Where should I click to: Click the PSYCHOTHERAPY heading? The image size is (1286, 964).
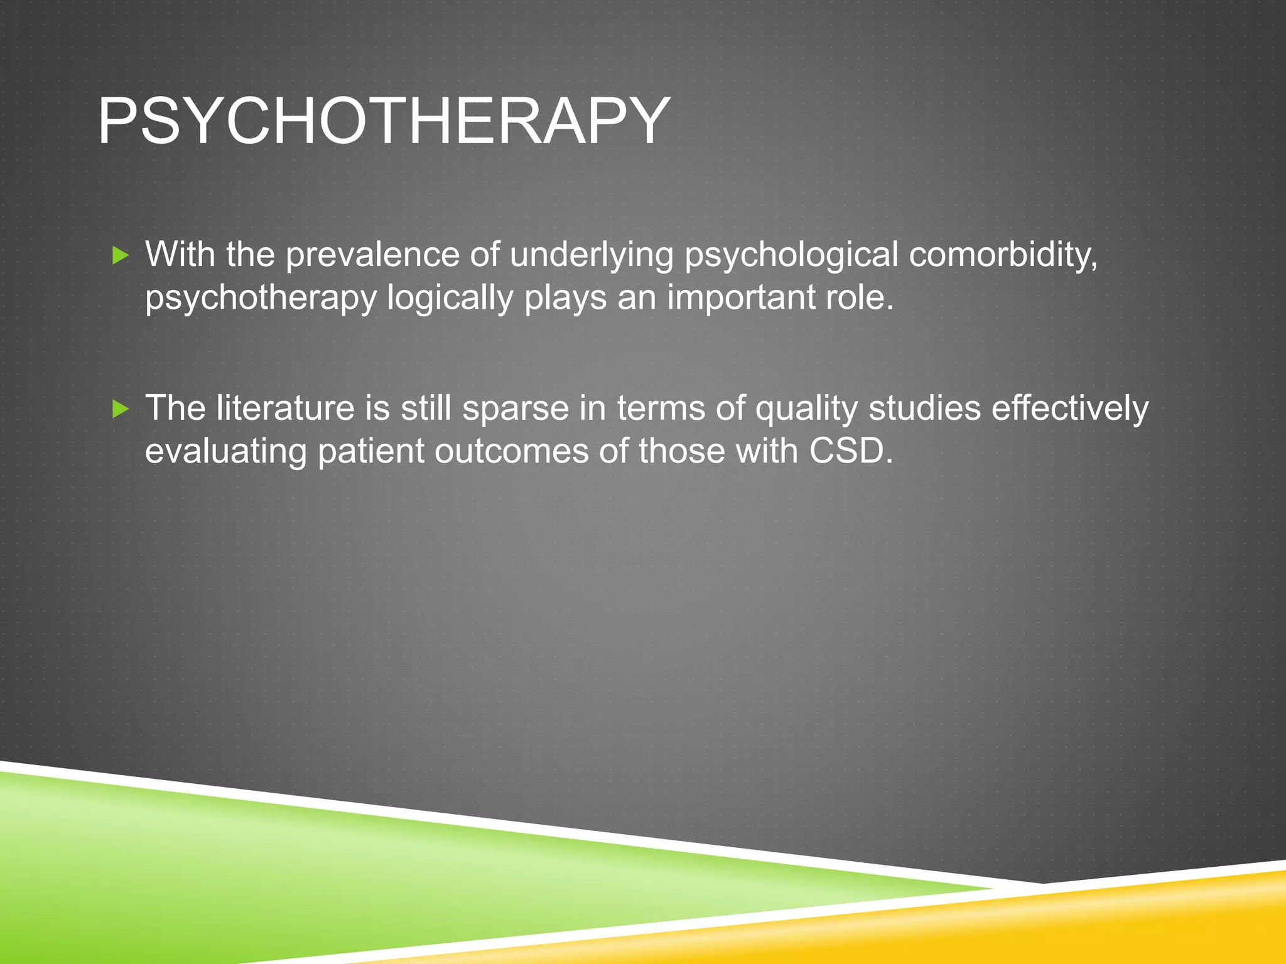pos(384,120)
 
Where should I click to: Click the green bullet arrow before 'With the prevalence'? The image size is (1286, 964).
pos(121,255)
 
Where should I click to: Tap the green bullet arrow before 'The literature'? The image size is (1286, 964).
pos(121,410)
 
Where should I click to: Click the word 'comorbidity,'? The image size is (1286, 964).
pos(1003,255)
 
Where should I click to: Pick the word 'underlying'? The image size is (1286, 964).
pos(591,255)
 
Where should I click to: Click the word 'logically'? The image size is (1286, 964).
pos(450,297)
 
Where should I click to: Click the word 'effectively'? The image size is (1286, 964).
pos(1070,408)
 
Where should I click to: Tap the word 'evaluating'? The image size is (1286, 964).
pos(225,451)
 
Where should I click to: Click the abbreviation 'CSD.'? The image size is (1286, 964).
pos(851,450)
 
